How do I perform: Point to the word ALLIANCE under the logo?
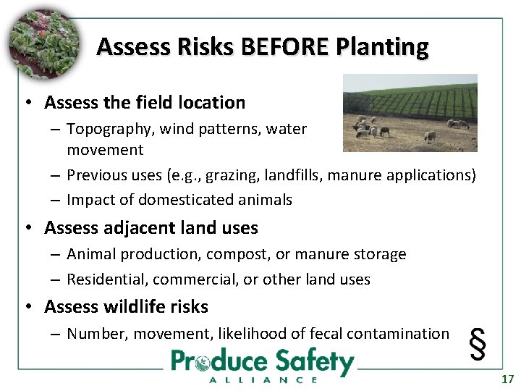pos(263,379)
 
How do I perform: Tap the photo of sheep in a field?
pos(410,112)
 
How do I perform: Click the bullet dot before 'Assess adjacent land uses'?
pos(27,228)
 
